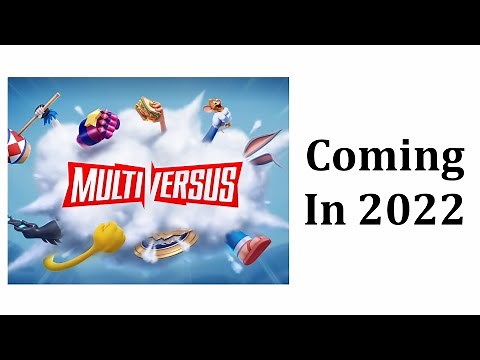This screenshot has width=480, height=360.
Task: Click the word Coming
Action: (x=385, y=157)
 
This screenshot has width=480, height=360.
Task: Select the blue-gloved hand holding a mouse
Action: (x=217, y=118)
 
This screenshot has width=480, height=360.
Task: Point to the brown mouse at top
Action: (x=214, y=105)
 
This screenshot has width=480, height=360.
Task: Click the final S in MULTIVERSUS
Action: (x=228, y=184)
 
